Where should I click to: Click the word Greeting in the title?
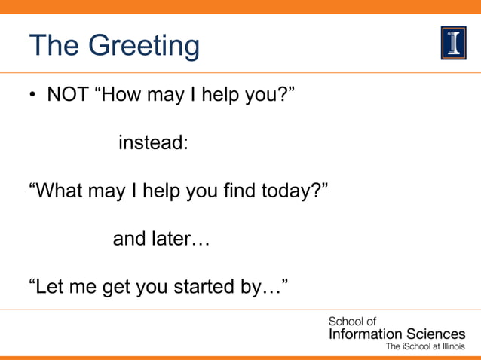(x=146, y=47)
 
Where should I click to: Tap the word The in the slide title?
(x=56, y=46)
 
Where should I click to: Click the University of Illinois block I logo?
(x=453, y=42)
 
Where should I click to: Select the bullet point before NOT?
(x=33, y=96)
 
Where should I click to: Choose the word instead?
(x=153, y=142)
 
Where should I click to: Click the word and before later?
(x=128, y=239)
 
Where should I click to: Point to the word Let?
(x=48, y=287)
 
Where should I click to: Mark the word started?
(x=200, y=287)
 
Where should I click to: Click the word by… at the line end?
(x=260, y=288)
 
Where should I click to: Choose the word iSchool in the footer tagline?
(x=420, y=347)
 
